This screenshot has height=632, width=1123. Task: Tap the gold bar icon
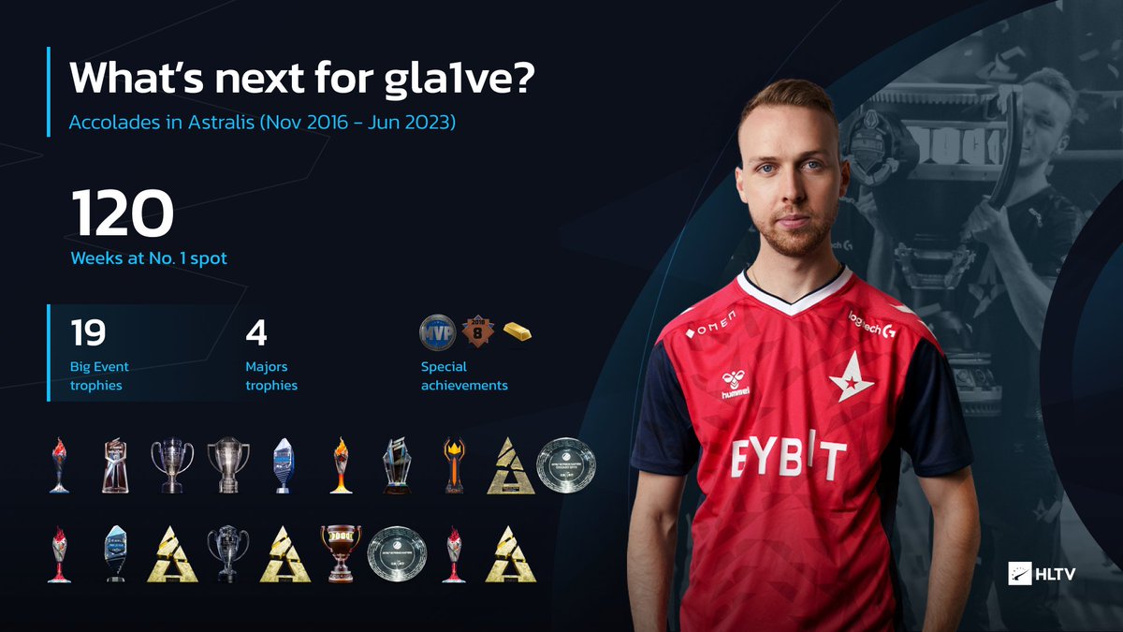[x=518, y=331]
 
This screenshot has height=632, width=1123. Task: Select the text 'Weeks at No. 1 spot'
[x=149, y=257]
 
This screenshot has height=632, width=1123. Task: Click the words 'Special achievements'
[x=464, y=375]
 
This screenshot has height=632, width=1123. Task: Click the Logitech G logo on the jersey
[x=869, y=321]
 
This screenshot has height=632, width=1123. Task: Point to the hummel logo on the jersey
[x=735, y=385]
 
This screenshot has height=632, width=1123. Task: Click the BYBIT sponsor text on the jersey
[x=788, y=459]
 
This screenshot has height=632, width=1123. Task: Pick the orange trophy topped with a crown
[x=454, y=464]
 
